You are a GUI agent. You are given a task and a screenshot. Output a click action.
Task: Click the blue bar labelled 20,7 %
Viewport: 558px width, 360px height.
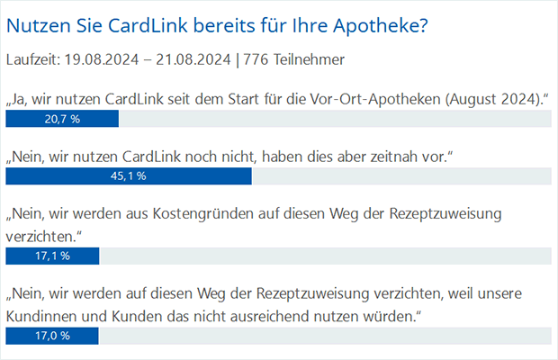[62, 119]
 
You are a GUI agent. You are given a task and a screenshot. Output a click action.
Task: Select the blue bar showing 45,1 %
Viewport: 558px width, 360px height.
[129, 176]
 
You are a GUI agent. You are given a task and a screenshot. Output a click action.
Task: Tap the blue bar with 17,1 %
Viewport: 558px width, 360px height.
[52, 256]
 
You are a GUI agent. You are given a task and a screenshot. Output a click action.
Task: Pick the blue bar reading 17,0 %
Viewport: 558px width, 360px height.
[52, 335]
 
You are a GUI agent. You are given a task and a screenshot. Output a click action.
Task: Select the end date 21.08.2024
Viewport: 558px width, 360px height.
[192, 60]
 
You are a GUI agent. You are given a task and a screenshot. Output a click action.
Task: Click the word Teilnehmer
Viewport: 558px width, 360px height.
[307, 60]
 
